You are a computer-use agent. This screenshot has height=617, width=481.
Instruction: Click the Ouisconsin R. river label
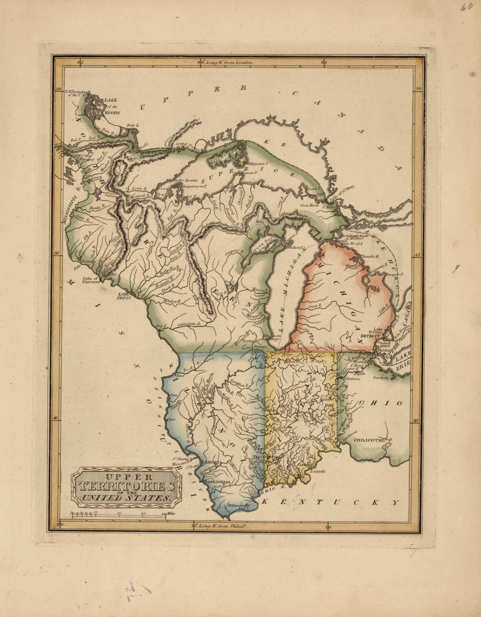pyautogui.click(x=189, y=324)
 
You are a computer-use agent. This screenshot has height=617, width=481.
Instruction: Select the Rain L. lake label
pyautogui.click(x=132, y=126)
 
